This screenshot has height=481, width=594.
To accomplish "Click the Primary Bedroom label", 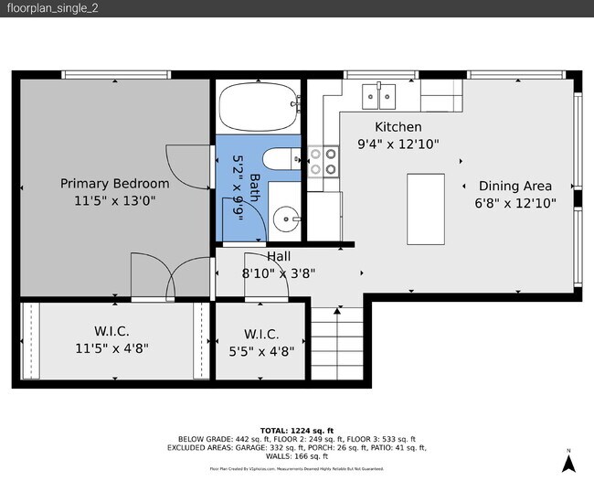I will (115, 183).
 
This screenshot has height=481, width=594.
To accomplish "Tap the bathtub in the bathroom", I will (260, 106).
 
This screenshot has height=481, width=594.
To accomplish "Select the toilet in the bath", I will (284, 158).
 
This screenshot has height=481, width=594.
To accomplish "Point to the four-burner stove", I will (323, 161).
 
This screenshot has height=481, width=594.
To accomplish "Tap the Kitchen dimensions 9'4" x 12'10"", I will (398, 144).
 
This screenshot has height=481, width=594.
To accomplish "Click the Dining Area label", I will (514, 186).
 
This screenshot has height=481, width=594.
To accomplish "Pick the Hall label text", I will (278, 257).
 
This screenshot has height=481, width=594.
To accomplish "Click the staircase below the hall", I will (334, 344).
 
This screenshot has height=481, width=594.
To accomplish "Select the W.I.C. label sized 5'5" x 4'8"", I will (261, 335).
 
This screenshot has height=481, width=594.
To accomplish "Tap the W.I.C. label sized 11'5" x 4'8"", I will (111, 330).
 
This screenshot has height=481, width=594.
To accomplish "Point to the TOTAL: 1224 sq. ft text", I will (297, 430).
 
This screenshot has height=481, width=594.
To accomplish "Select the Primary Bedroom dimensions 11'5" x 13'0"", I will (115, 201).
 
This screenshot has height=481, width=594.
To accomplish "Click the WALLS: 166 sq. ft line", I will (297, 456).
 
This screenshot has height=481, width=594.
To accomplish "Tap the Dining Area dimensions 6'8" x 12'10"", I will (514, 204).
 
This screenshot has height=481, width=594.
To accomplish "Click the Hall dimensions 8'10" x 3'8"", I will (278, 273).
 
